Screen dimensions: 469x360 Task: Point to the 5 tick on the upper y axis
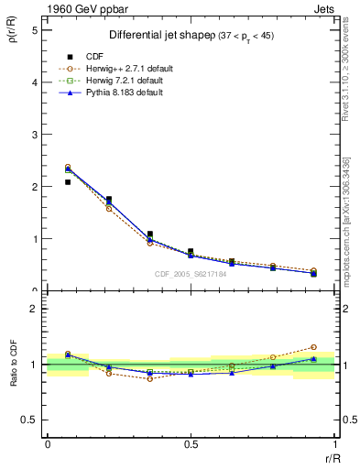pyautogui.click(x=35, y=30)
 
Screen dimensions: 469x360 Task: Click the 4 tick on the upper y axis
pyautogui.click(x=35, y=82)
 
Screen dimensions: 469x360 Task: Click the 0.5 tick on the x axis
pyautogui.click(x=190, y=444)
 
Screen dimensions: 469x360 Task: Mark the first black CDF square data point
pyautogui.click(x=68, y=182)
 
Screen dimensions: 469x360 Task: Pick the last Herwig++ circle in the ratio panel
pyautogui.click(x=313, y=347)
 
